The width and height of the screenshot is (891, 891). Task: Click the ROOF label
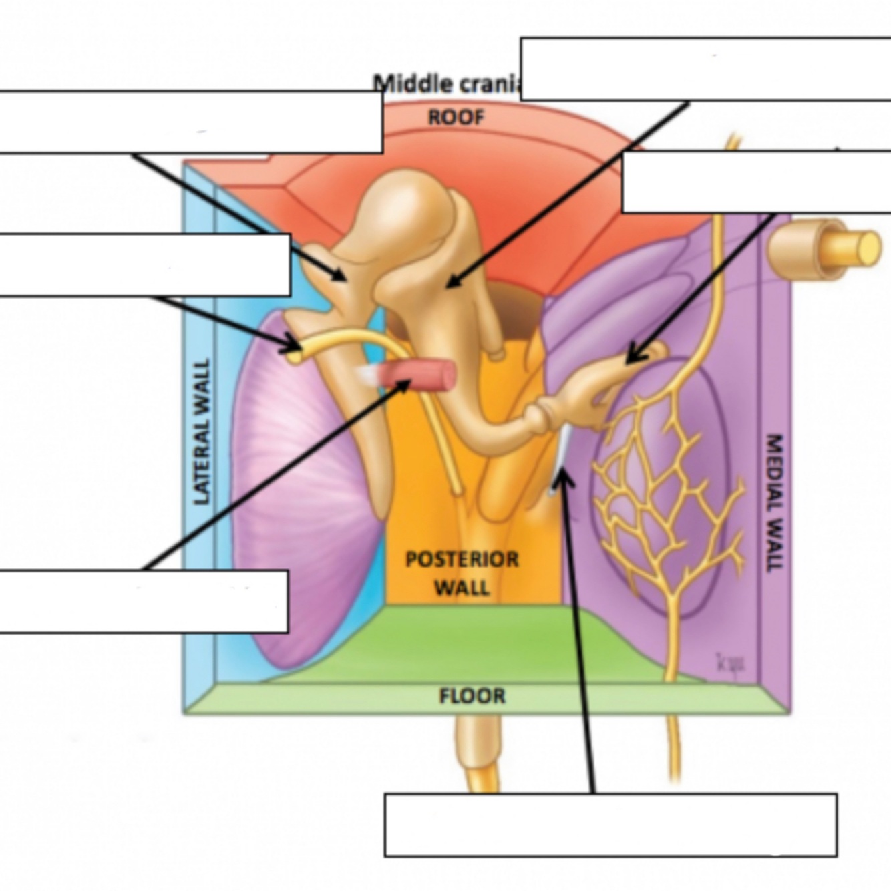click(x=456, y=118)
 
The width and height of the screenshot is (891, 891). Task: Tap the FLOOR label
click(x=472, y=696)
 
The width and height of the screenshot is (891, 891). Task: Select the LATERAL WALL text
click(x=202, y=431)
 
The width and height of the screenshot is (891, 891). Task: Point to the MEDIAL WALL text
click(x=773, y=502)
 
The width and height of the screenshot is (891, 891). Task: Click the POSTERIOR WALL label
click(x=462, y=573)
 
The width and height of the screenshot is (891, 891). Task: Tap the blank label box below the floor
click(x=610, y=825)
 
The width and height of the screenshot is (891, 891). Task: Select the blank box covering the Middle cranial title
click(x=705, y=69)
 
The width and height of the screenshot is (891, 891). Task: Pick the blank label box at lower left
click(x=144, y=601)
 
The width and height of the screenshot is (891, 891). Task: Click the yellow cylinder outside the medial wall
click(x=828, y=247)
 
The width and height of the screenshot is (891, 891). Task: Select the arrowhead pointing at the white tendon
click(x=563, y=476)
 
